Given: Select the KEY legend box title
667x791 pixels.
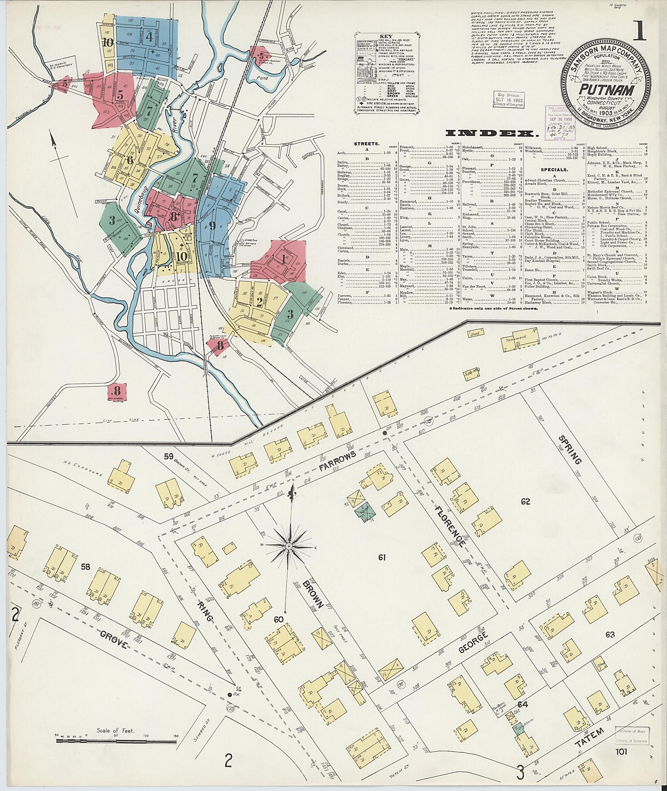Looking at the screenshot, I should coord(385,37).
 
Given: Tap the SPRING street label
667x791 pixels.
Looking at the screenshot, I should coord(570,450).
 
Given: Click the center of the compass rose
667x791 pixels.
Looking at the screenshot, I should coord(289,546).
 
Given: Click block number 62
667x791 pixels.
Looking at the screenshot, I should coord(526,502).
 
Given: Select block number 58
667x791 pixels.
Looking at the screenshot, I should coord(85,567).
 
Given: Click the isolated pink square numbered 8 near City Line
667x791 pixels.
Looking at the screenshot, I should coord(117,392).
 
